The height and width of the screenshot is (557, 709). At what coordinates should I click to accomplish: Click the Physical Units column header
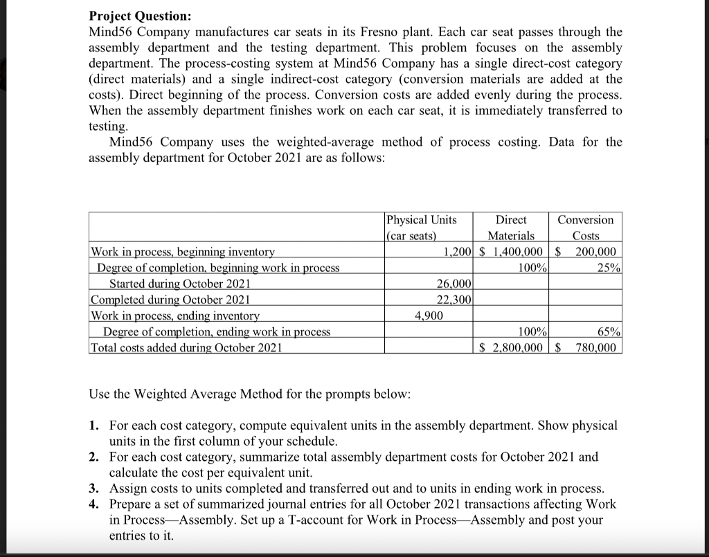421,227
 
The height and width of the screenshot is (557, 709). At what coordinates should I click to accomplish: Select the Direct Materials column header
512,227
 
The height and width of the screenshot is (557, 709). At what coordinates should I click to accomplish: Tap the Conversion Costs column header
585,227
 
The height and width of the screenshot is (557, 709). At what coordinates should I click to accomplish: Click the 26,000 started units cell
454,284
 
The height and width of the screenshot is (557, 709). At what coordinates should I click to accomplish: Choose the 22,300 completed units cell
454,300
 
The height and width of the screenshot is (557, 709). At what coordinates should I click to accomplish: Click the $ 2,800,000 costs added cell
511,347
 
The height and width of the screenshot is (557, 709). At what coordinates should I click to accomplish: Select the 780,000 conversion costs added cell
594,347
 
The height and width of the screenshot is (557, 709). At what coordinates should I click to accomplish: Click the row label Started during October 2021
180,284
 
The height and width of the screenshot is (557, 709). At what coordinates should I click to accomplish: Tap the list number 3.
93,488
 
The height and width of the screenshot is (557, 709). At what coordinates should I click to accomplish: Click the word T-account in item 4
343,520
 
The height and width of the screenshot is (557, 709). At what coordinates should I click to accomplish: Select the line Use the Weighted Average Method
250,394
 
